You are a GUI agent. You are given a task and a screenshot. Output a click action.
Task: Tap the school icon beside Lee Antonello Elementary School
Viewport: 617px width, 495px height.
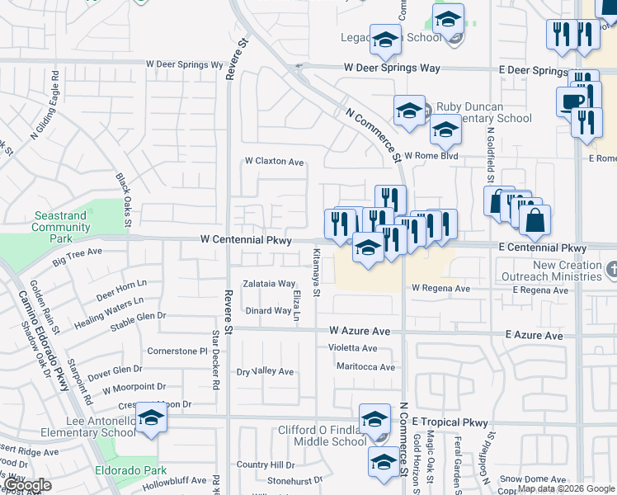(151, 420)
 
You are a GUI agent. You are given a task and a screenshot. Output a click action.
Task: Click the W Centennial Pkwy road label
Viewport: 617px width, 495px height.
(246, 239)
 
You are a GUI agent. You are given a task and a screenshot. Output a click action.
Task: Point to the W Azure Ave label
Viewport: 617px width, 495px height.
(359, 330)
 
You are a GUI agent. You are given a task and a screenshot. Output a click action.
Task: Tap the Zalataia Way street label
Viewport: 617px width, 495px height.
(268, 284)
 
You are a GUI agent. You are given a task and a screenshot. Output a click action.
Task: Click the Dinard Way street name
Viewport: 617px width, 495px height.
(269, 311)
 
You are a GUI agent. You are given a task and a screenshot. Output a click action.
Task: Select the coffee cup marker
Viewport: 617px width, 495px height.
(572, 101)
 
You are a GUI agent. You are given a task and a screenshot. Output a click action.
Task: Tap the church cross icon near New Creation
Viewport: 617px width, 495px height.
(610, 269)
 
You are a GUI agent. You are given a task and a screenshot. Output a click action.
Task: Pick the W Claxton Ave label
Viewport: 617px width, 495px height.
(275, 162)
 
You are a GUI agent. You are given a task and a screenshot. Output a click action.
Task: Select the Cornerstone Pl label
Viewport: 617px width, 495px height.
(177, 351)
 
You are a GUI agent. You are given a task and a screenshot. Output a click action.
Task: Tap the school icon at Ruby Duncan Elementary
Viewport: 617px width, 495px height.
(409, 111)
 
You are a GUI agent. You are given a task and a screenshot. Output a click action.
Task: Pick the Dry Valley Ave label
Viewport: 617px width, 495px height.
(266, 372)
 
